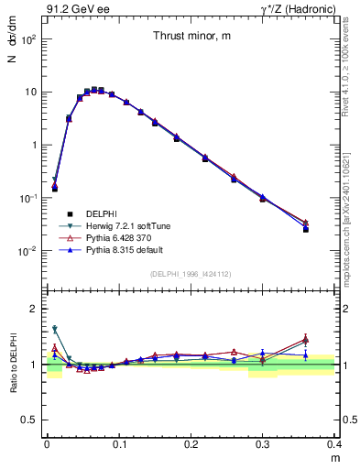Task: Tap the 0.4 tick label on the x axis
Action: (x=334, y=442)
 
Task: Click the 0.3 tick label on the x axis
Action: (x=262, y=442)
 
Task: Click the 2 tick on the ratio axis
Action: (x=35, y=309)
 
